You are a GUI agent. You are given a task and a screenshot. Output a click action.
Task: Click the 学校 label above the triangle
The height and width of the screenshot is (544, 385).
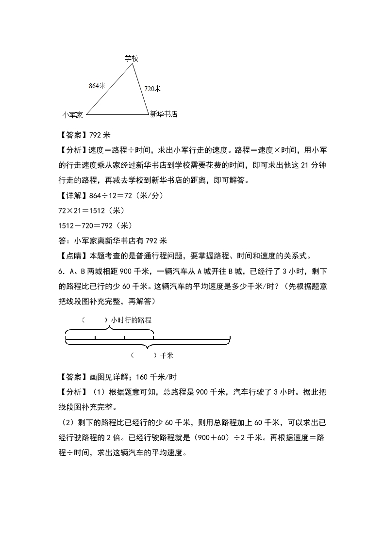132,58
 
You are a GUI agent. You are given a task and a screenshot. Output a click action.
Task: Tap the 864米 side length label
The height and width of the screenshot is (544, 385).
97,86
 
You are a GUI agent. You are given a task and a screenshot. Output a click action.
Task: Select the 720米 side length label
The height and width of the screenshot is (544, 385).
152,89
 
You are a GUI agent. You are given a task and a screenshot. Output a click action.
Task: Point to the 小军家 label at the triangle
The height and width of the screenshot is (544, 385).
73,115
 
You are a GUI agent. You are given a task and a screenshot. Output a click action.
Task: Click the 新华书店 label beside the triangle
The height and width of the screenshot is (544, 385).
164,114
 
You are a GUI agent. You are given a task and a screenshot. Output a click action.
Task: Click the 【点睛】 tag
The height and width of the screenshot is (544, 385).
72,256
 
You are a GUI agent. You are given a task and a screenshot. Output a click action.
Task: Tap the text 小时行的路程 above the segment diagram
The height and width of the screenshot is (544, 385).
131,320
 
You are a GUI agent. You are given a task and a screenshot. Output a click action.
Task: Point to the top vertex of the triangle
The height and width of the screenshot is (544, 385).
133,64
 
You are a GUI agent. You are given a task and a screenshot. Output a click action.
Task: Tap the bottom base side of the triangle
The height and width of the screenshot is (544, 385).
117,115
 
